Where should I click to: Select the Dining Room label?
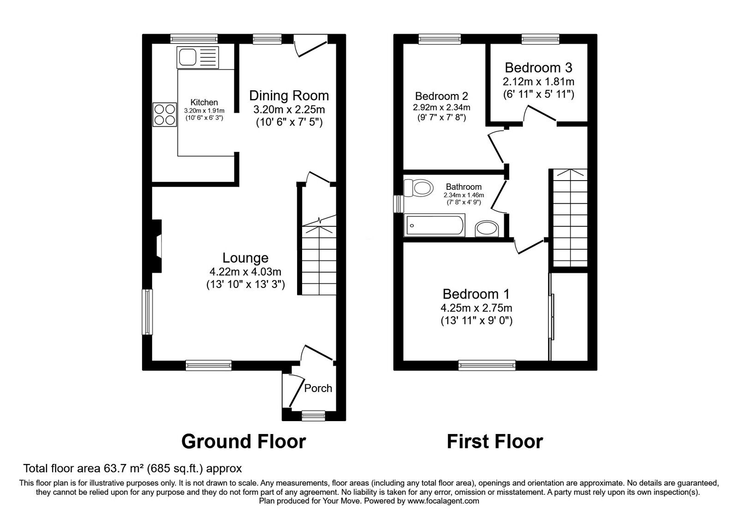point(289,96)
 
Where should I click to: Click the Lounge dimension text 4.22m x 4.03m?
point(245,272)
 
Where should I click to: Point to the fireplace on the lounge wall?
point(158,246)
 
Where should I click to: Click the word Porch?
point(318,388)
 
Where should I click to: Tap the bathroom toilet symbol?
point(419,188)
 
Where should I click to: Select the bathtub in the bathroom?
point(434,226)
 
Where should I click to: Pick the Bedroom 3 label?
point(538,68)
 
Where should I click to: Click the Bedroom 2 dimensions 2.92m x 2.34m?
point(441,107)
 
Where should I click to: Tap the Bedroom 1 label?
point(476,294)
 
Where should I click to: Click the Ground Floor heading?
point(244,441)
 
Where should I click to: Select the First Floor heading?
point(494,441)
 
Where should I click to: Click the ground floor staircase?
point(318,260)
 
